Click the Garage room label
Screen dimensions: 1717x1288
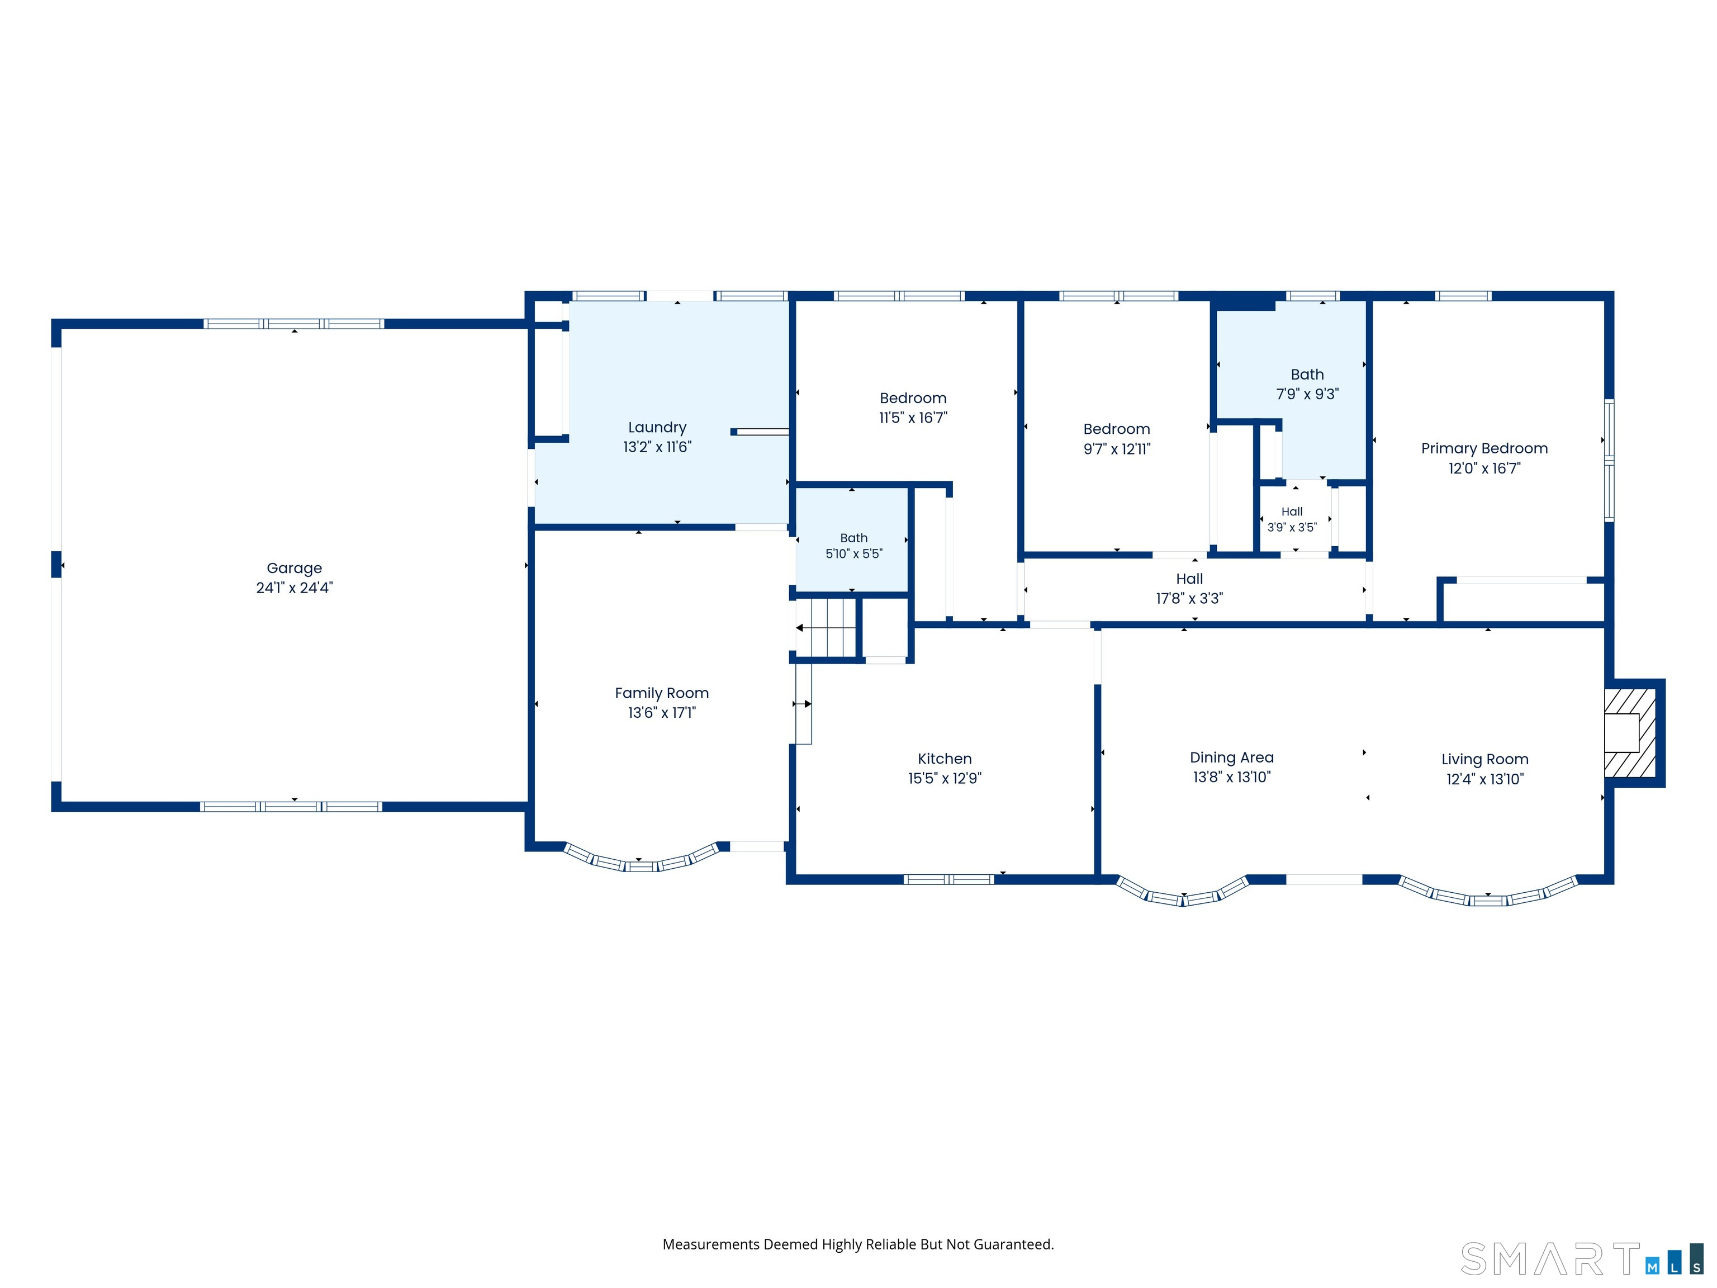tap(294, 569)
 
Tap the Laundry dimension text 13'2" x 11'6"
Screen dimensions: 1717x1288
tap(657, 447)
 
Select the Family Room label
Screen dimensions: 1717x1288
tap(662, 693)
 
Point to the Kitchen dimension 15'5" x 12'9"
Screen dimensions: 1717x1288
tap(945, 779)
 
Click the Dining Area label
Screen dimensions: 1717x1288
tap(1232, 757)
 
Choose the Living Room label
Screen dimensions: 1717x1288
tap(1485, 759)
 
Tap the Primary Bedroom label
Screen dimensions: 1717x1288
tap(1484, 449)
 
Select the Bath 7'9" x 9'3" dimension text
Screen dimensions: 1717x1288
tap(1307, 395)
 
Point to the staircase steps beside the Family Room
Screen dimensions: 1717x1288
tap(827, 627)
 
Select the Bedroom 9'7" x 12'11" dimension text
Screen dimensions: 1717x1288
tap(1117, 449)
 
